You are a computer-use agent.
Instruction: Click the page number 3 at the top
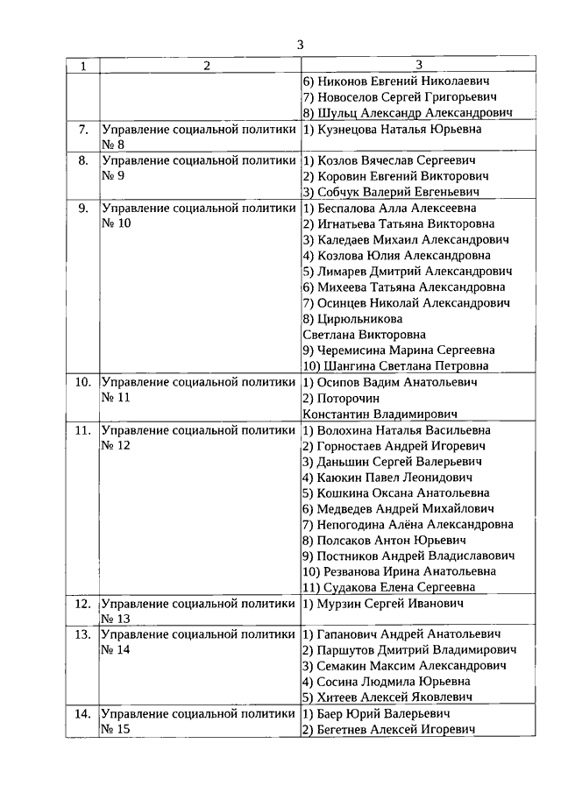tap(301, 45)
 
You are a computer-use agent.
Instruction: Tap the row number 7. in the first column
tap(84, 130)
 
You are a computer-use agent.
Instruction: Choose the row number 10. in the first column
tap(83, 383)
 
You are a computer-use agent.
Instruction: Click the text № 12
tap(116, 446)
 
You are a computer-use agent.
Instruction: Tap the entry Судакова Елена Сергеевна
tap(399, 588)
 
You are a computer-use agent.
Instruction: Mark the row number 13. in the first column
tap(83, 634)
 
